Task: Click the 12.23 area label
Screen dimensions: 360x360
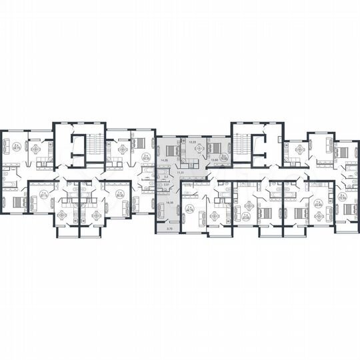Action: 193,143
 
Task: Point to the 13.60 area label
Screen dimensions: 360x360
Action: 214,161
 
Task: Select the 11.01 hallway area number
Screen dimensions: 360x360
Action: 179,172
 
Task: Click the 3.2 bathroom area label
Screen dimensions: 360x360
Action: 165,177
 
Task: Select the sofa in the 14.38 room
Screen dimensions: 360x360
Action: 161,211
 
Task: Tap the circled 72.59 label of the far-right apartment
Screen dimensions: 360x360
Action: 342,197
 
